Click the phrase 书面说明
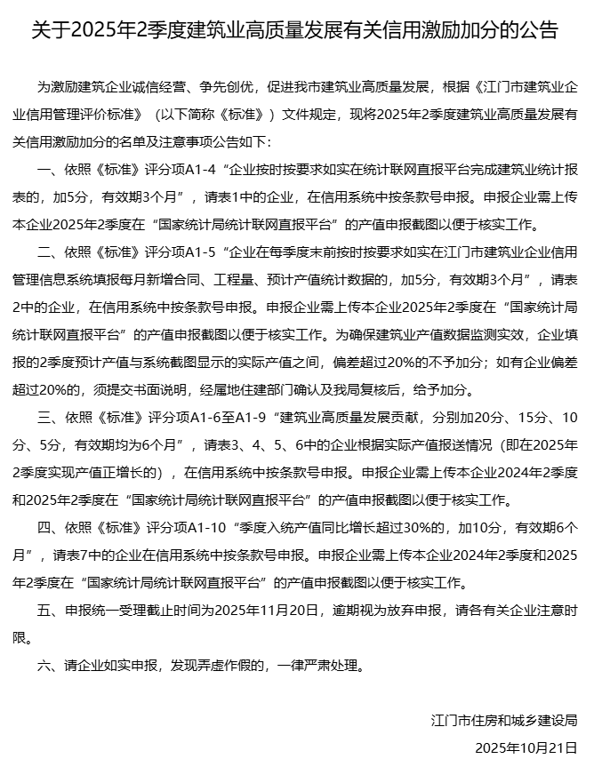tap(166, 389)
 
